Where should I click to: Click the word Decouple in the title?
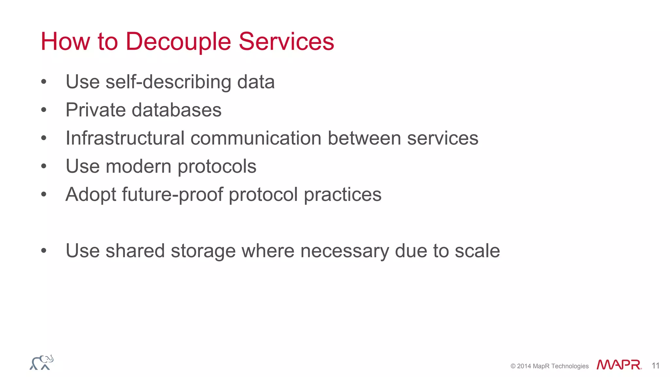[x=178, y=42]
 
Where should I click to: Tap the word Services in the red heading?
[x=286, y=42]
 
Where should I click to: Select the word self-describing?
[x=168, y=82]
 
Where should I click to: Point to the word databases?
[x=177, y=110]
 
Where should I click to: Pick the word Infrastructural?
[x=125, y=138]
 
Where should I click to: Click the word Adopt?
[x=91, y=195]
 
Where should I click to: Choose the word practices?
[x=343, y=195]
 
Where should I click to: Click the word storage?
[x=203, y=251]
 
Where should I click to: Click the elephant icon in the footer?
[x=42, y=363]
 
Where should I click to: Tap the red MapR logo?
[x=619, y=365]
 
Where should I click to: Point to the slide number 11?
[x=655, y=366]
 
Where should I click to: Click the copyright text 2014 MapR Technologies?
[x=550, y=366]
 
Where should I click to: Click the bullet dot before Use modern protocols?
[x=44, y=166]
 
